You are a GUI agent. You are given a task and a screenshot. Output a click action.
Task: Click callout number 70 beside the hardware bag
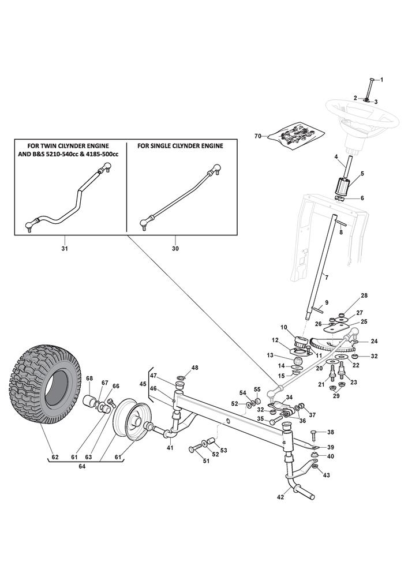tap(258, 136)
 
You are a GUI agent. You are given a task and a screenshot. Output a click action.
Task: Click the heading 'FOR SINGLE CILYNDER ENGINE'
tap(180, 147)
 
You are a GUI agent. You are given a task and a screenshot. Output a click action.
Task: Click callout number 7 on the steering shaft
tap(327, 278)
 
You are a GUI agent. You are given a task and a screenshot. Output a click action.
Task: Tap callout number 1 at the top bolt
tap(381, 78)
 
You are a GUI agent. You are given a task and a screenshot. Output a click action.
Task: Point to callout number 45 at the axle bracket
tap(143, 384)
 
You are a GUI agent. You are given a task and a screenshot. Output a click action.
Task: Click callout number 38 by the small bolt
tap(331, 432)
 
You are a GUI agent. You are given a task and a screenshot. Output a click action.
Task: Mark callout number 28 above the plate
tap(364, 295)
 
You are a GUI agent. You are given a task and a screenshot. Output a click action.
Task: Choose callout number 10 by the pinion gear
tap(283, 328)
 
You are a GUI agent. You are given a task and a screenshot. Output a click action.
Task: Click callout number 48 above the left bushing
tap(194, 368)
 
